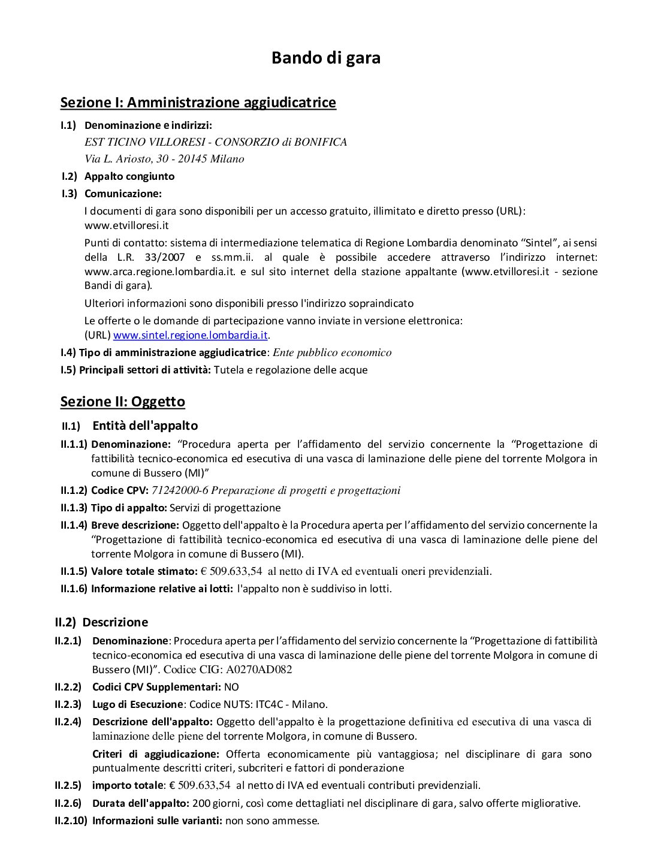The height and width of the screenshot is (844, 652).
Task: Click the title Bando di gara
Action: click(x=325, y=58)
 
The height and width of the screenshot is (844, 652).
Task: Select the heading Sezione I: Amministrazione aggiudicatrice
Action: click(x=198, y=103)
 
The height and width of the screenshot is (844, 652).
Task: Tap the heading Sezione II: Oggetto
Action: click(x=122, y=402)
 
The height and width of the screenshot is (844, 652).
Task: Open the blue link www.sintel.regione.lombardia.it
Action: click(x=190, y=335)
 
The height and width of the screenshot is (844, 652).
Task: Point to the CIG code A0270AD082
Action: click(x=259, y=670)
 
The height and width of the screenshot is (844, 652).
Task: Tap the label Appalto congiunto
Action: click(x=129, y=176)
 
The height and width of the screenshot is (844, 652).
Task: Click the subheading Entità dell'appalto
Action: click(x=145, y=426)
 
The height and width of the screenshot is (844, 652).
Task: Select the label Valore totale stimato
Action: click(x=144, y=571)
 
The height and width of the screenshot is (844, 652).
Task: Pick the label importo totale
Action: click(x=128, y=785)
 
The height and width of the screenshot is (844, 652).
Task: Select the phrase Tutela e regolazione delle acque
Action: click(x=291, y=370)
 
